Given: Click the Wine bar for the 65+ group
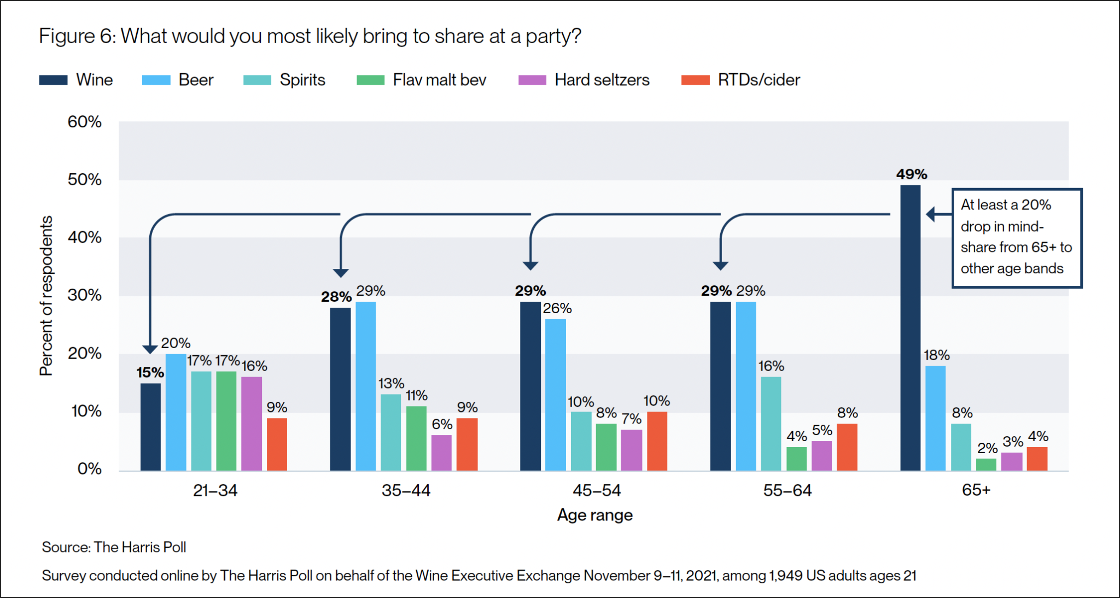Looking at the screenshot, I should [x=910, y=328].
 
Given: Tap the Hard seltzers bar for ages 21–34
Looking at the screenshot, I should [x=252, y=424].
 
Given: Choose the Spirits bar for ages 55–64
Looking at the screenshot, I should [x=771, y=424].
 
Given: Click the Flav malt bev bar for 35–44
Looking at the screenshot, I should [x=416, y=438].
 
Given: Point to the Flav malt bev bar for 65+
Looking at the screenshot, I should [x=986, y=464].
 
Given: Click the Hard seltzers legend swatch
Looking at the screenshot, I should [x=532, y=80].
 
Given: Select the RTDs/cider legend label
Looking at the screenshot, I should [x=759, y=80].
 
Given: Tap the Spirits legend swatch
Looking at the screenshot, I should [x=257, y=80].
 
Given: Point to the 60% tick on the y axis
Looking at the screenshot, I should [x=84, y=121].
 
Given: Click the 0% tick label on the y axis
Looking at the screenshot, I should [x=89, y=468].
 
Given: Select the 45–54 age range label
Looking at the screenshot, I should [x=597, y=490].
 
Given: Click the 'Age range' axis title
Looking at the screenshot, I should [x=594, y=515].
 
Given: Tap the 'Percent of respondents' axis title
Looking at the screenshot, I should [x=46, y=295].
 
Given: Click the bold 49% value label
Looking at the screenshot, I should [x=911, y=174].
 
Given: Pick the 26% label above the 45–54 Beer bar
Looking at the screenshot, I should [x=557, y=308].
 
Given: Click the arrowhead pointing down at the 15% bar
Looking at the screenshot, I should [x=150, y=349].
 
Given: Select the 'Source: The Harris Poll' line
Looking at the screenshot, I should [x=114, y=547].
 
